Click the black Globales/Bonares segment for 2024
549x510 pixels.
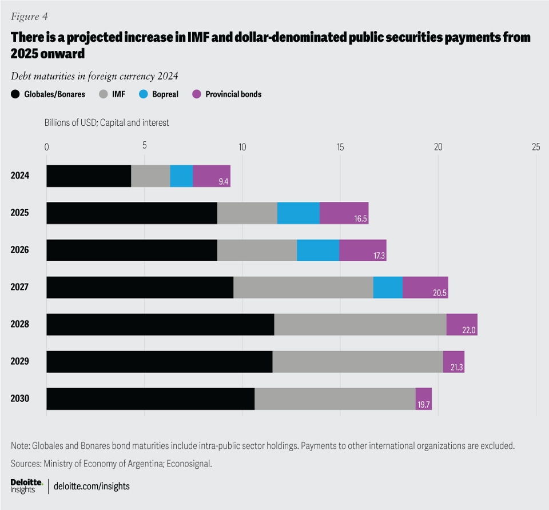[x=89, y=176]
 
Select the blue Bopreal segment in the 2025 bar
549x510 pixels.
[x=298, y=213]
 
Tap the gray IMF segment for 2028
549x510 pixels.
[x=360, y=324]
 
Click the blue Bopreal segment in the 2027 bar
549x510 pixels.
[x=388, y=287]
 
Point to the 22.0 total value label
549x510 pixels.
[x=469, y=331]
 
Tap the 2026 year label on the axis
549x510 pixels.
[x=19, y=250]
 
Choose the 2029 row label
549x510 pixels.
[x=19, y=361]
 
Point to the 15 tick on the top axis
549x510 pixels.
[x=340, y=146]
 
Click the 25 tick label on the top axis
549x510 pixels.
[x=535, y=146]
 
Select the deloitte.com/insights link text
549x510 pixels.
[x=91, y=486]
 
